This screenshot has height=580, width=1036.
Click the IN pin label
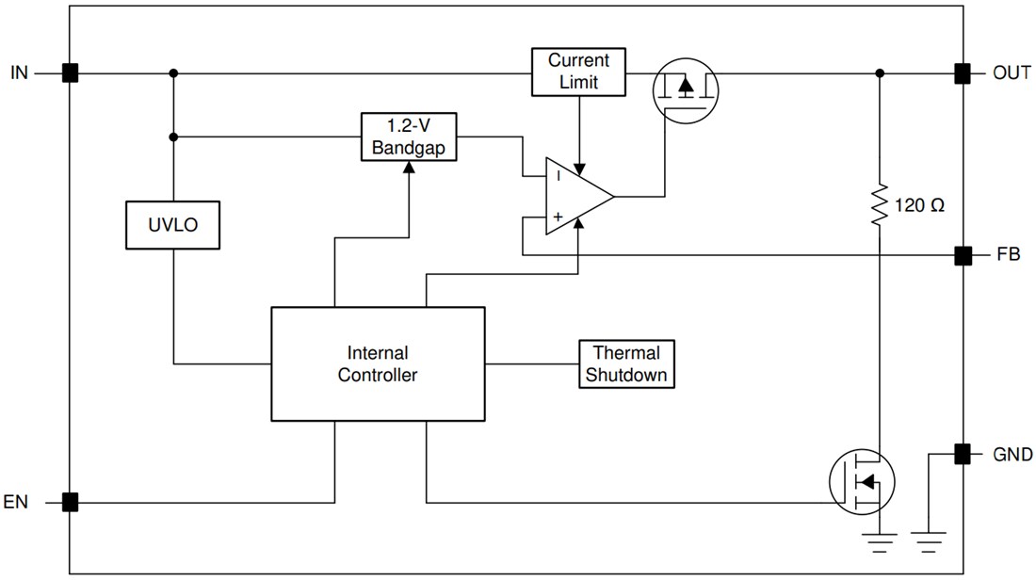(x=20, y=72)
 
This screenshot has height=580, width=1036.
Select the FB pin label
(x=1006, y=255)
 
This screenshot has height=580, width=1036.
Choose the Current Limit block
(x=579, y=72)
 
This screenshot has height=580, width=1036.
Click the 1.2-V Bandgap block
(x=409, y=137)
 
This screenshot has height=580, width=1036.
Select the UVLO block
(x=173, y=225)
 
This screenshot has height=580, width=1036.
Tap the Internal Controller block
(x=378, y=363)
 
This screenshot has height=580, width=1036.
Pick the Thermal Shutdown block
(x=627, y=363)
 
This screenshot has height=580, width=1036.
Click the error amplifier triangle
(x=575, y=197)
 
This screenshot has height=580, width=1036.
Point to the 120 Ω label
(x=919, y=205)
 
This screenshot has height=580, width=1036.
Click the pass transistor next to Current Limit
(x=686, y=87)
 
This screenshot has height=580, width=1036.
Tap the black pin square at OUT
(x=963, y=72)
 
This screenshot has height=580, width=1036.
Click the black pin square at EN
(x=70, y=502)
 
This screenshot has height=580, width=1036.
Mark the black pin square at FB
(x=963, y=255)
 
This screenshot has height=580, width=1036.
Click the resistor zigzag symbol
(x=879, y=204)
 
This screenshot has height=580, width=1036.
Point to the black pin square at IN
(x=70, y=72)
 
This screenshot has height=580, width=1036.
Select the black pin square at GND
(x=963, y=454)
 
